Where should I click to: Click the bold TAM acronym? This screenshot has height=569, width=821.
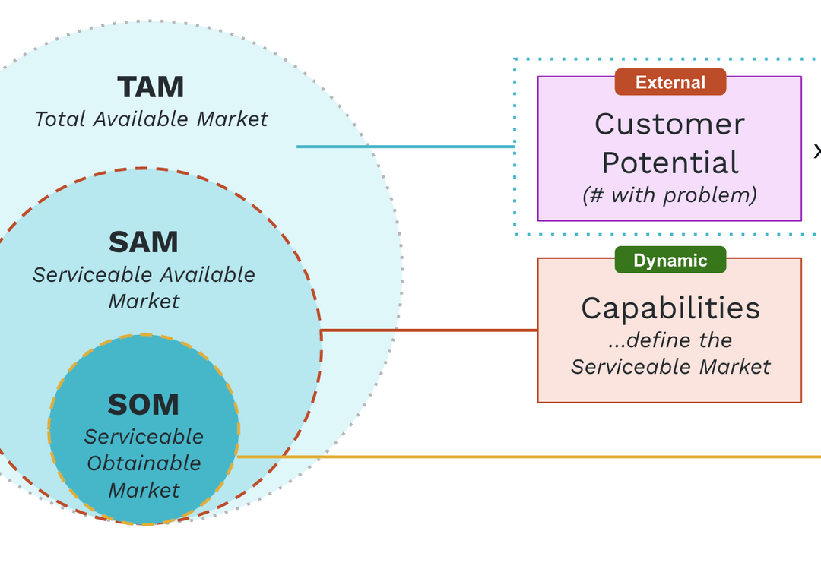pos(151,87)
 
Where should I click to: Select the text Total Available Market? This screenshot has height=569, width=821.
pos(151,119)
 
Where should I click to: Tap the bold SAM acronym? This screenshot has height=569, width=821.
pos(143,242)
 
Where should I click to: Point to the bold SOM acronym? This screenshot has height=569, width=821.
pos(143,405)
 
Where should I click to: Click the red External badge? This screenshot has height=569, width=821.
pos(670,82)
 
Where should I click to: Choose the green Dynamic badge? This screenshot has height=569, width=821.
pos(670,261)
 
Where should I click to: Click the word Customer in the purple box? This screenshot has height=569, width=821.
pos(669,124)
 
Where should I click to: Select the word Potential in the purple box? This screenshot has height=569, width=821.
pos(670,163)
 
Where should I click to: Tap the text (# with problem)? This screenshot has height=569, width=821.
pos(670,195)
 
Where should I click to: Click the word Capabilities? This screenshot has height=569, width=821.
pos(670,308)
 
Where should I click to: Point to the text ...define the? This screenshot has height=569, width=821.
pos(670,340)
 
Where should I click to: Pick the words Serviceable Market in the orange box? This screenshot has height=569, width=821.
pos(670,367)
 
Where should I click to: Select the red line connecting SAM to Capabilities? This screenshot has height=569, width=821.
pos(430,330)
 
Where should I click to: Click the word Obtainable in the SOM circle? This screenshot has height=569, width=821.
pos(144,463)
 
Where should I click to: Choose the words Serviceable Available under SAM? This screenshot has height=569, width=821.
pos(144,274)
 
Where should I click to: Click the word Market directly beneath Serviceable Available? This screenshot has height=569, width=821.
pos(144,301)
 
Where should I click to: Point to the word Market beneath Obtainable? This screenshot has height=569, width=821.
pos(144,490)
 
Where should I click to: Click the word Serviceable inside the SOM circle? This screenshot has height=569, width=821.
pos(144,437)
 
